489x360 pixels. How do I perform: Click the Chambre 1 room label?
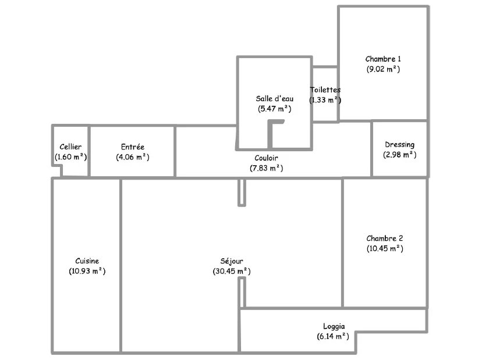[383, 59]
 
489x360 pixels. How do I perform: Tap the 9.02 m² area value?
[383, 69]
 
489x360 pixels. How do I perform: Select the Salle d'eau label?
[274, 98]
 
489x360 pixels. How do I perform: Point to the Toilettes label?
[325, 90]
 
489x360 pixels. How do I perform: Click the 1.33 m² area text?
[325, 100]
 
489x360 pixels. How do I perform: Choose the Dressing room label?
[400, 145]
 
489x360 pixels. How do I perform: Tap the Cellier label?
[70, 147]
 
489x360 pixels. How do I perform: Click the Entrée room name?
[133, 147]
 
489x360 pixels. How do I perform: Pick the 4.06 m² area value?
[133, 157]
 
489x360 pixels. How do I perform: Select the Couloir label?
[266, 158]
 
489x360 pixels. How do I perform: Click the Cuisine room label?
[87, 261]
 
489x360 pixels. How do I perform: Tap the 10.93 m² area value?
[87, 271]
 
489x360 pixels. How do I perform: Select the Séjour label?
[232, 261]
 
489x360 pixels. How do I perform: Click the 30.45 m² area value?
[232, 271]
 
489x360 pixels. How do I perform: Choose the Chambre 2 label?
[385, 238]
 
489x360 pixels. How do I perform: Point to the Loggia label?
[334, 326]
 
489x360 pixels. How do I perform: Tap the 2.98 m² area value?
[400, 155]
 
